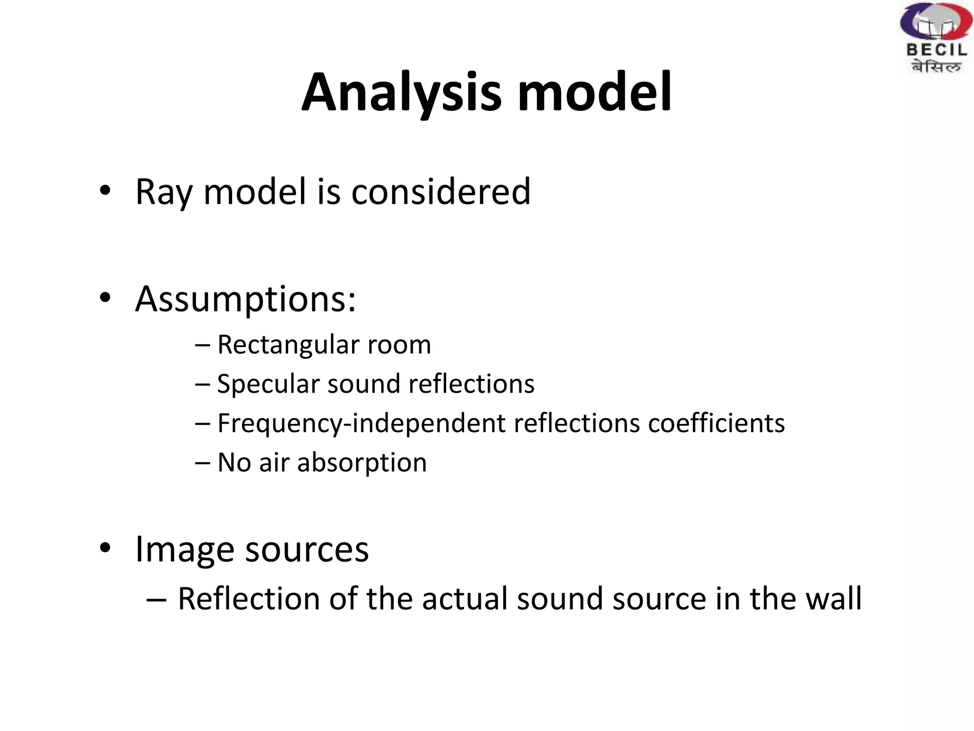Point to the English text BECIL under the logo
click(x=936, y=50)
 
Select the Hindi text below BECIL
click(x=935, y=67)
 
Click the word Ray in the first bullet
click(x=164, y=192)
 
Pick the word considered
click(x=440, y=191)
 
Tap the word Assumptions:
click(x=245, y=300)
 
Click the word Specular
click(x=268, y=384)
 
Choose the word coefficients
click(x=716, y=423)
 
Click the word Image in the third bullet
click(x=185, y=549)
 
